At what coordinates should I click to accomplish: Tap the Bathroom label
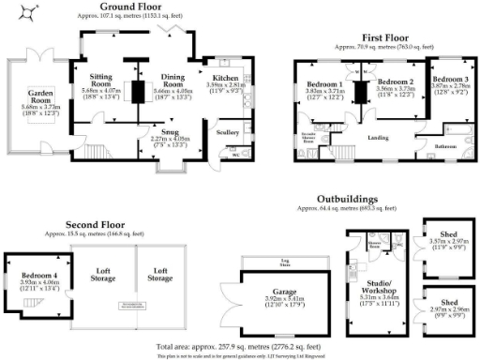pyautogui.click(x=445, y=145)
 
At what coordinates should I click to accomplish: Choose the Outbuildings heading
pyautogui.click(x=348, y=200)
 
